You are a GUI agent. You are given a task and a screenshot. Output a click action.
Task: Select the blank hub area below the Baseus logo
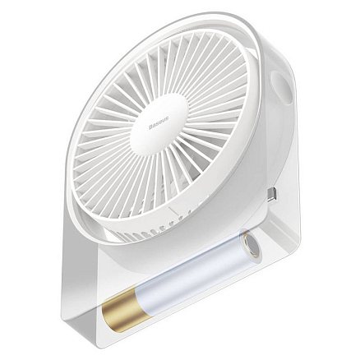pos(169,148)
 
